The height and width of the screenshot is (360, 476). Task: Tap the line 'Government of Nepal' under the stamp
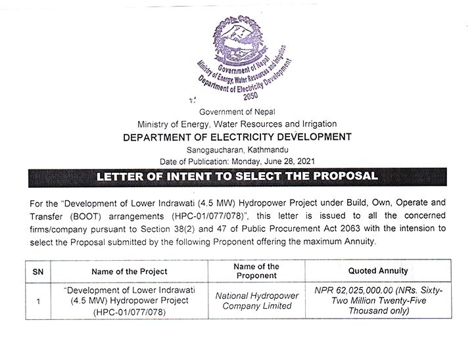point(237,112)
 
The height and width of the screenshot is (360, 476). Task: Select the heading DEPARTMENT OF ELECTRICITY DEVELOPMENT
point(237,137)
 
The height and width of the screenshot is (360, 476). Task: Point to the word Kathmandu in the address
point(266,150)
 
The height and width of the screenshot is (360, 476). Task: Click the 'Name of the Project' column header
point(129,271)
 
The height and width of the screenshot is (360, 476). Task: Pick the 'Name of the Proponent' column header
point(256,271)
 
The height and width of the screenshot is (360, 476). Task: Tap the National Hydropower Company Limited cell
point(257,301)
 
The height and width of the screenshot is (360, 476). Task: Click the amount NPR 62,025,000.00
point(370,290)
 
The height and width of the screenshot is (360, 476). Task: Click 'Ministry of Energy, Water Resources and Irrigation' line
point(237,124)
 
